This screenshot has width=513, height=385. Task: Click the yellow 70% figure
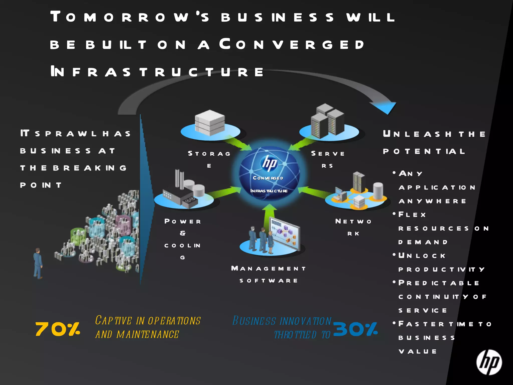[58, 329]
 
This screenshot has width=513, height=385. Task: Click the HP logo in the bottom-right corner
[489, 362]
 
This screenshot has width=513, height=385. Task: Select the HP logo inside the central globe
[269, 163]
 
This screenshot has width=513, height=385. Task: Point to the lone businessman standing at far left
[38, 263]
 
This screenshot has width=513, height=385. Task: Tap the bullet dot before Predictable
[394, 282]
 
